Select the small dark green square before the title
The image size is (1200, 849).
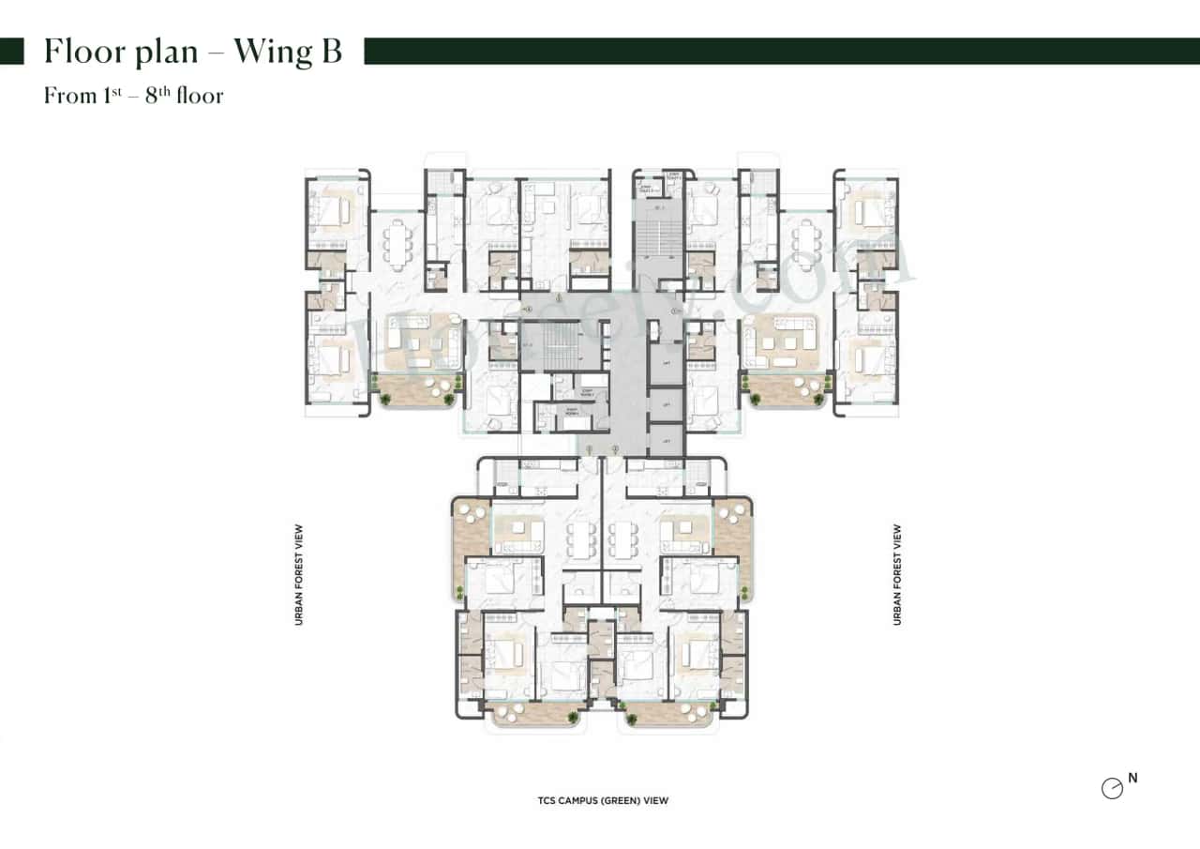11,52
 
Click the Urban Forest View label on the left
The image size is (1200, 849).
299,574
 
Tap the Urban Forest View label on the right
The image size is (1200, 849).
897,574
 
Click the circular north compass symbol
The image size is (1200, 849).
1112,789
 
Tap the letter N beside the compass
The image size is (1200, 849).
1133,778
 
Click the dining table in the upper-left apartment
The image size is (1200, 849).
400,245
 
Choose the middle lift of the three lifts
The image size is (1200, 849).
667,405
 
